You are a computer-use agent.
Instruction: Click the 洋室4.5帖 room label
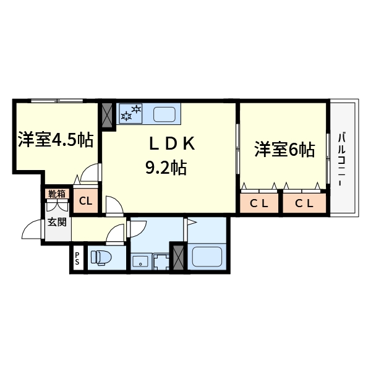[x=55, y=140]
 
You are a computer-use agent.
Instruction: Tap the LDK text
[x=172, y=144]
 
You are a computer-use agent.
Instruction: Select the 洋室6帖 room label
[x=284, y=150]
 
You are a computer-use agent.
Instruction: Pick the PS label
[x=78, y=258]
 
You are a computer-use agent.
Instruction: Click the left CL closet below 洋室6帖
[x=259, y=203]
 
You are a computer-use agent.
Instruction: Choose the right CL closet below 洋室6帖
[x=304, y=203]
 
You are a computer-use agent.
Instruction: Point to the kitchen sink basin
[x=164, y=114]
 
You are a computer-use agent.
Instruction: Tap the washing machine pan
[x=162, y=261]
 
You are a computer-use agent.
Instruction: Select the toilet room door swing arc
[x=115, y=233]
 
